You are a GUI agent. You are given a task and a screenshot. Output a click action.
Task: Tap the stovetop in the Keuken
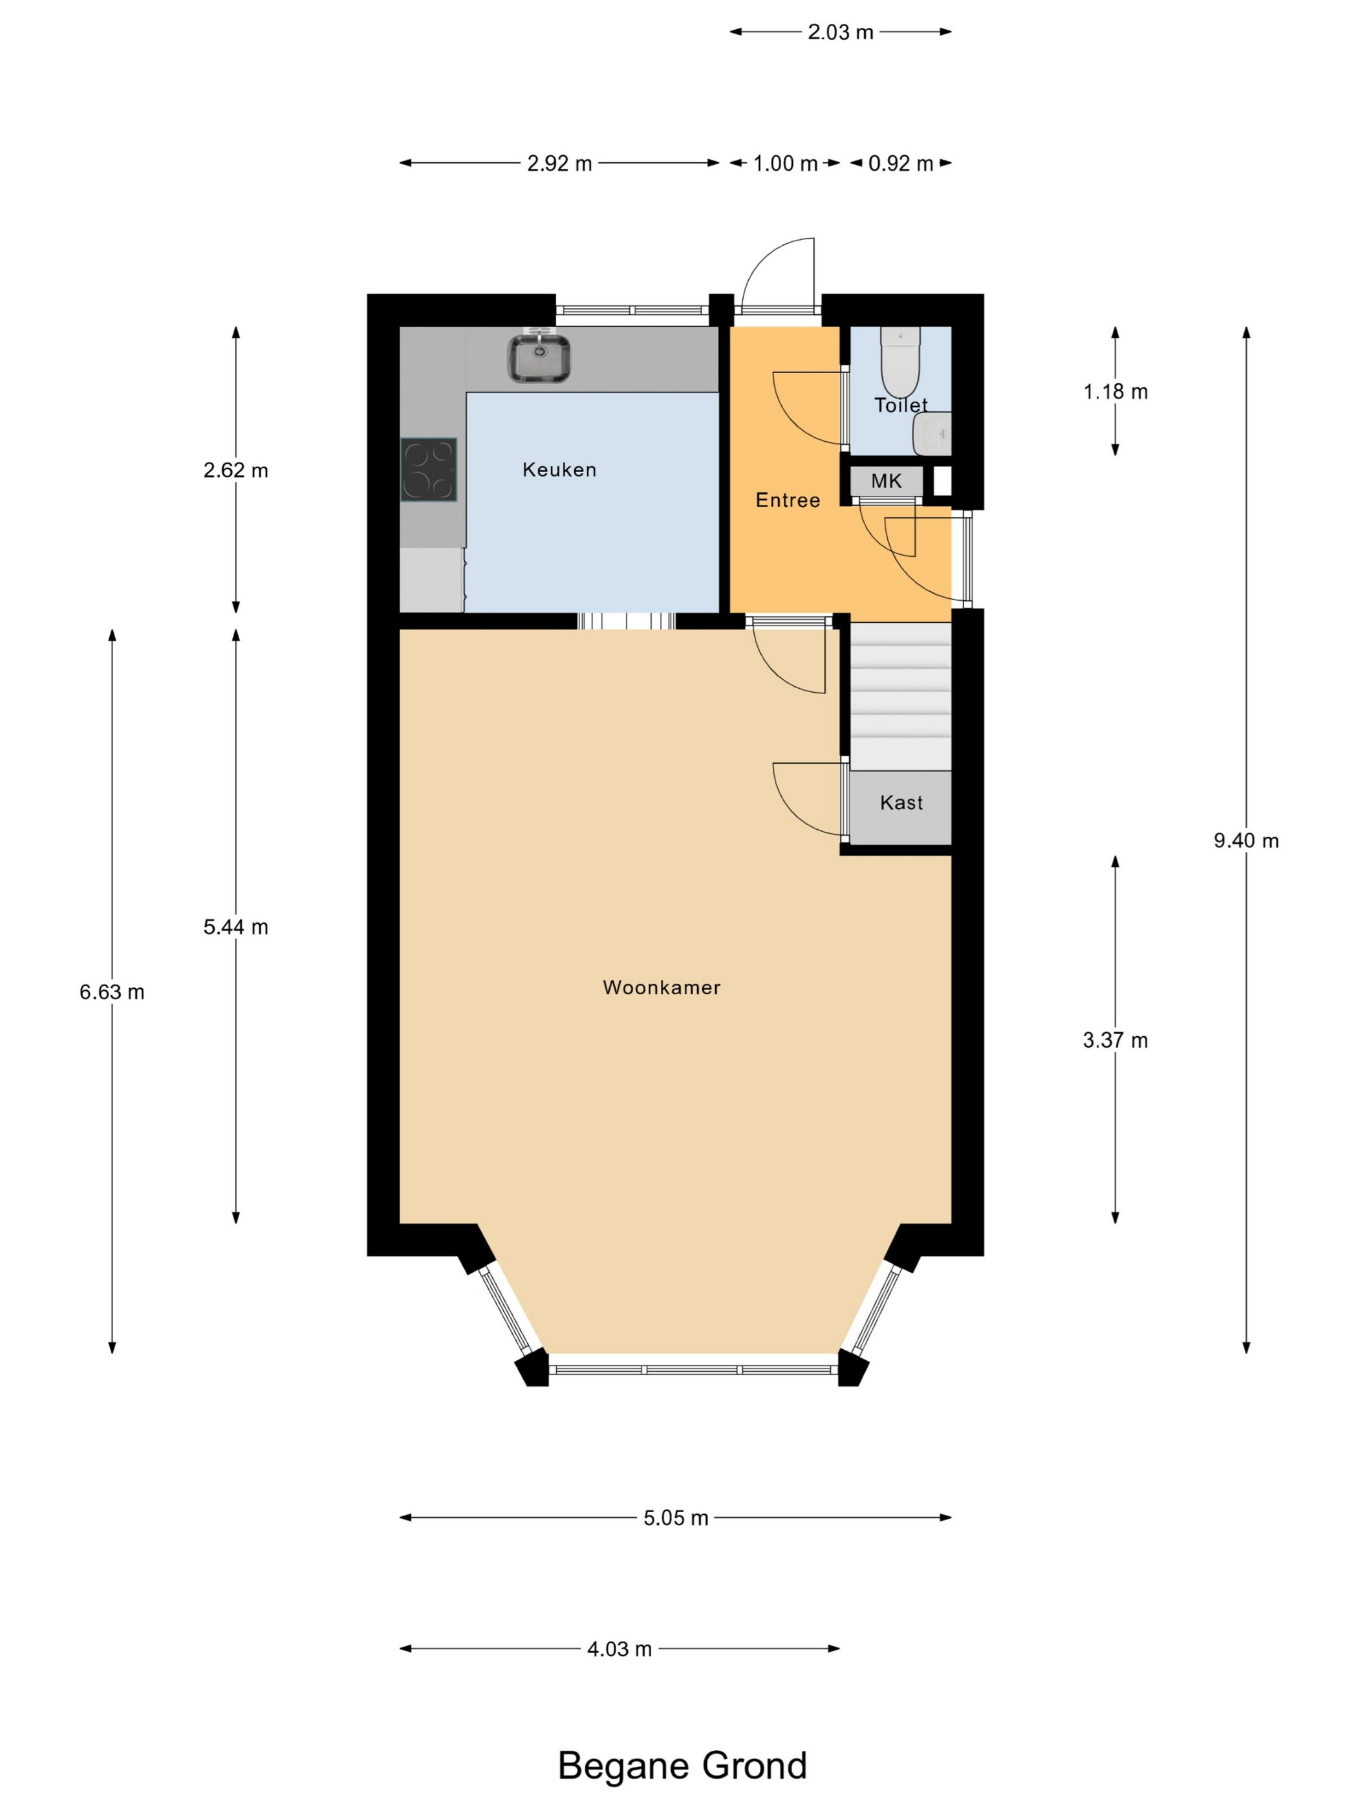(x=428, y=469)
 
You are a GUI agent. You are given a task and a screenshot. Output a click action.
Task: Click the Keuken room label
(x=559, y=469)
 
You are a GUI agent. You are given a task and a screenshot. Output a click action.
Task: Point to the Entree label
(x=788, y=499)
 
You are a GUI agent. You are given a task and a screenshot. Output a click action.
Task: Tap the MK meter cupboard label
(x=886, y=481)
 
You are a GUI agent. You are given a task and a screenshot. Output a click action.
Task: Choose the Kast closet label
(x=901, y=803)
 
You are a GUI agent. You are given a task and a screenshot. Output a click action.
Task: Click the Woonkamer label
(x=662, y=988)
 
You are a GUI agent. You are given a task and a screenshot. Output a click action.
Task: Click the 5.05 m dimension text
(x=675, y=1518)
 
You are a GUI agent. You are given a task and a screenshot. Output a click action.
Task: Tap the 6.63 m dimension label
(x=111, y=992)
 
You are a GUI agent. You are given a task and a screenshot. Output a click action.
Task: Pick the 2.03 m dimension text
(x=840, y=32)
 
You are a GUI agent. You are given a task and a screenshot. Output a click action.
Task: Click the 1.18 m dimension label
(x=1115, y=391)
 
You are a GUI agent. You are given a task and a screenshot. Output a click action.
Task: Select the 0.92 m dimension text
(x=900, y=163)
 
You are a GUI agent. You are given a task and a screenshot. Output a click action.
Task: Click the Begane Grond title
(x=682, y=1766)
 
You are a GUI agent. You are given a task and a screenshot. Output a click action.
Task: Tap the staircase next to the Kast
(x=900, y=696)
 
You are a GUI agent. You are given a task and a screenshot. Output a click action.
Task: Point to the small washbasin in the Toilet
(x=932, y=433)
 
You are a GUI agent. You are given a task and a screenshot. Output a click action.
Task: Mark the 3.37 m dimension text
(x=1115, y=1040)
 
